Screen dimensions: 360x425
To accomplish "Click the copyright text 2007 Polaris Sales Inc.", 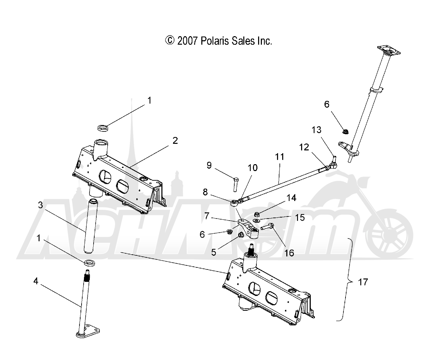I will point(219,41).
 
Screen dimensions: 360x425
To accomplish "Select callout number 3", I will point(41,205).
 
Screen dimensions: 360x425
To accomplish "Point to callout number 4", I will point(36,281).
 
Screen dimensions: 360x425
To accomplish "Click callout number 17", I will point(363,282).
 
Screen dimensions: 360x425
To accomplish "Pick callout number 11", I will point(280,157).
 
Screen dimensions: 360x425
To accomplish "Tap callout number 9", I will point(209,165).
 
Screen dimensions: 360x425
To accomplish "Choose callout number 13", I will point(316,130).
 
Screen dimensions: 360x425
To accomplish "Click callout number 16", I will point(289,253).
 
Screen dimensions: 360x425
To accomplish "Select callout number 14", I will point(291,198).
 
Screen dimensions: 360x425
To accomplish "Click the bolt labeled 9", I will point(236,184).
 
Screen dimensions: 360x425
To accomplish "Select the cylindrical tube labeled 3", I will point(89,225).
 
